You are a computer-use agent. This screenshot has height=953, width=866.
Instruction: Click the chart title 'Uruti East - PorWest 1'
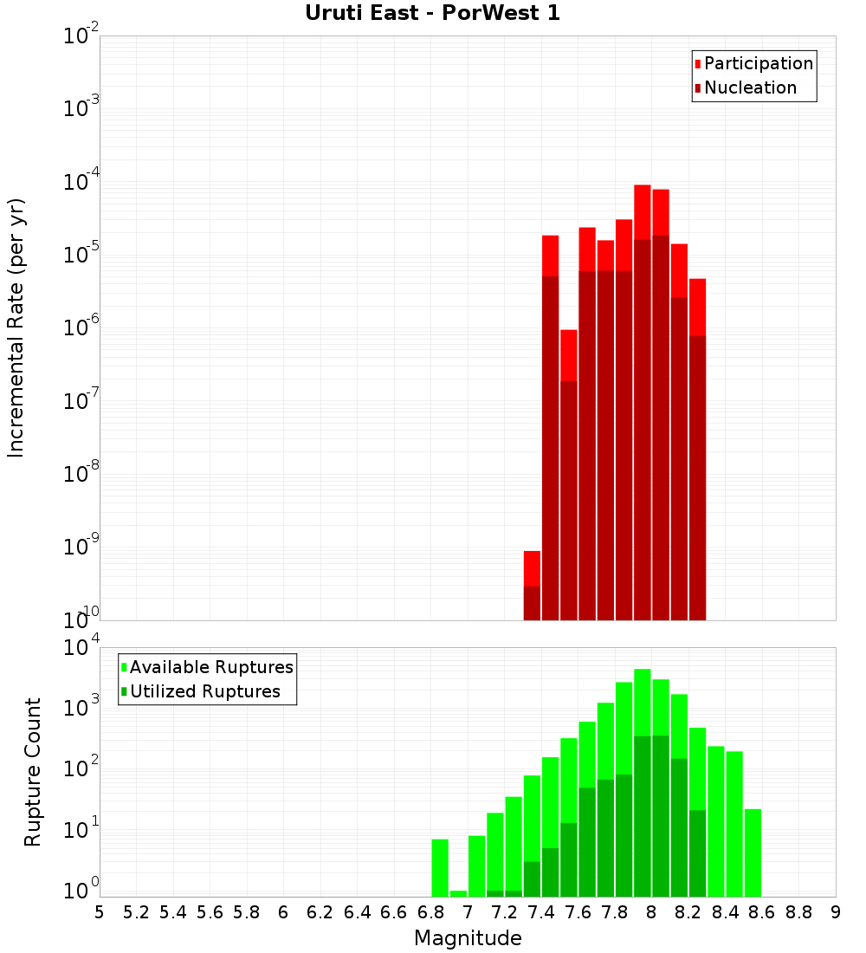(x=432, y=13)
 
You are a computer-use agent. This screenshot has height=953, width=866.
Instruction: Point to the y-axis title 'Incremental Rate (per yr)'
(x=16, y=327)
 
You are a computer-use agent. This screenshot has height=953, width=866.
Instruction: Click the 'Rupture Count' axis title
(x=33, y=771)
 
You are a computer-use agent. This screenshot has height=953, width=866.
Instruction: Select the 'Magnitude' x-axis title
(x=468, y=938)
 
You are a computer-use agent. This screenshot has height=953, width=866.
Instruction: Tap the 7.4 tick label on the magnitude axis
(x=541, y=912)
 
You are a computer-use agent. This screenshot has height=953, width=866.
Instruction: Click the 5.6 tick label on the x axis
(x=210, y=912)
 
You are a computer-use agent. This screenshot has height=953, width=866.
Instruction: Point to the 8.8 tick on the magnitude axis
(x=798, y=912)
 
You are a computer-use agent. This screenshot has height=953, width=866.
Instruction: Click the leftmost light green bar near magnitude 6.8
(x=440, y=866)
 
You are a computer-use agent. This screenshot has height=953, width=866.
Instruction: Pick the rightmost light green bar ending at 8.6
(x=753, y=853)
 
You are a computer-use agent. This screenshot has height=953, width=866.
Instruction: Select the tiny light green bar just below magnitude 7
(x=458, y=893)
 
